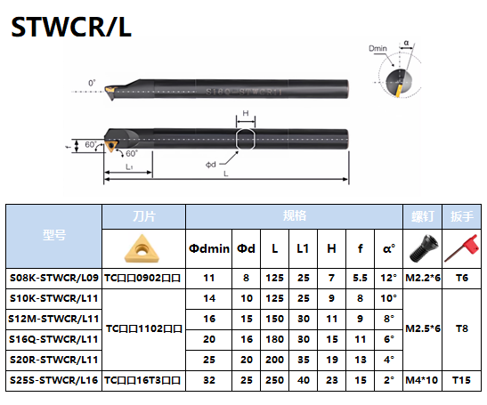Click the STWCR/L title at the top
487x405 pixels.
point(71,27)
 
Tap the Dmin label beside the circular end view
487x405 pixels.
point(377,48)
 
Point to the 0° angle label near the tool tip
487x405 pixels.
point(92,83)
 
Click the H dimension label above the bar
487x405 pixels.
point(246,113)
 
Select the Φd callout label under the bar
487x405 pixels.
point(211,165)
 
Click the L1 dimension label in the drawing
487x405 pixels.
point(129,166)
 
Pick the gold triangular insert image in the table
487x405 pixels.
point(142,248)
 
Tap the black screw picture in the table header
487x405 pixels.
point(423,248)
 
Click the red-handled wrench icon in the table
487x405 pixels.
point(461,248)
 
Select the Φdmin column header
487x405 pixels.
point(209,248)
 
